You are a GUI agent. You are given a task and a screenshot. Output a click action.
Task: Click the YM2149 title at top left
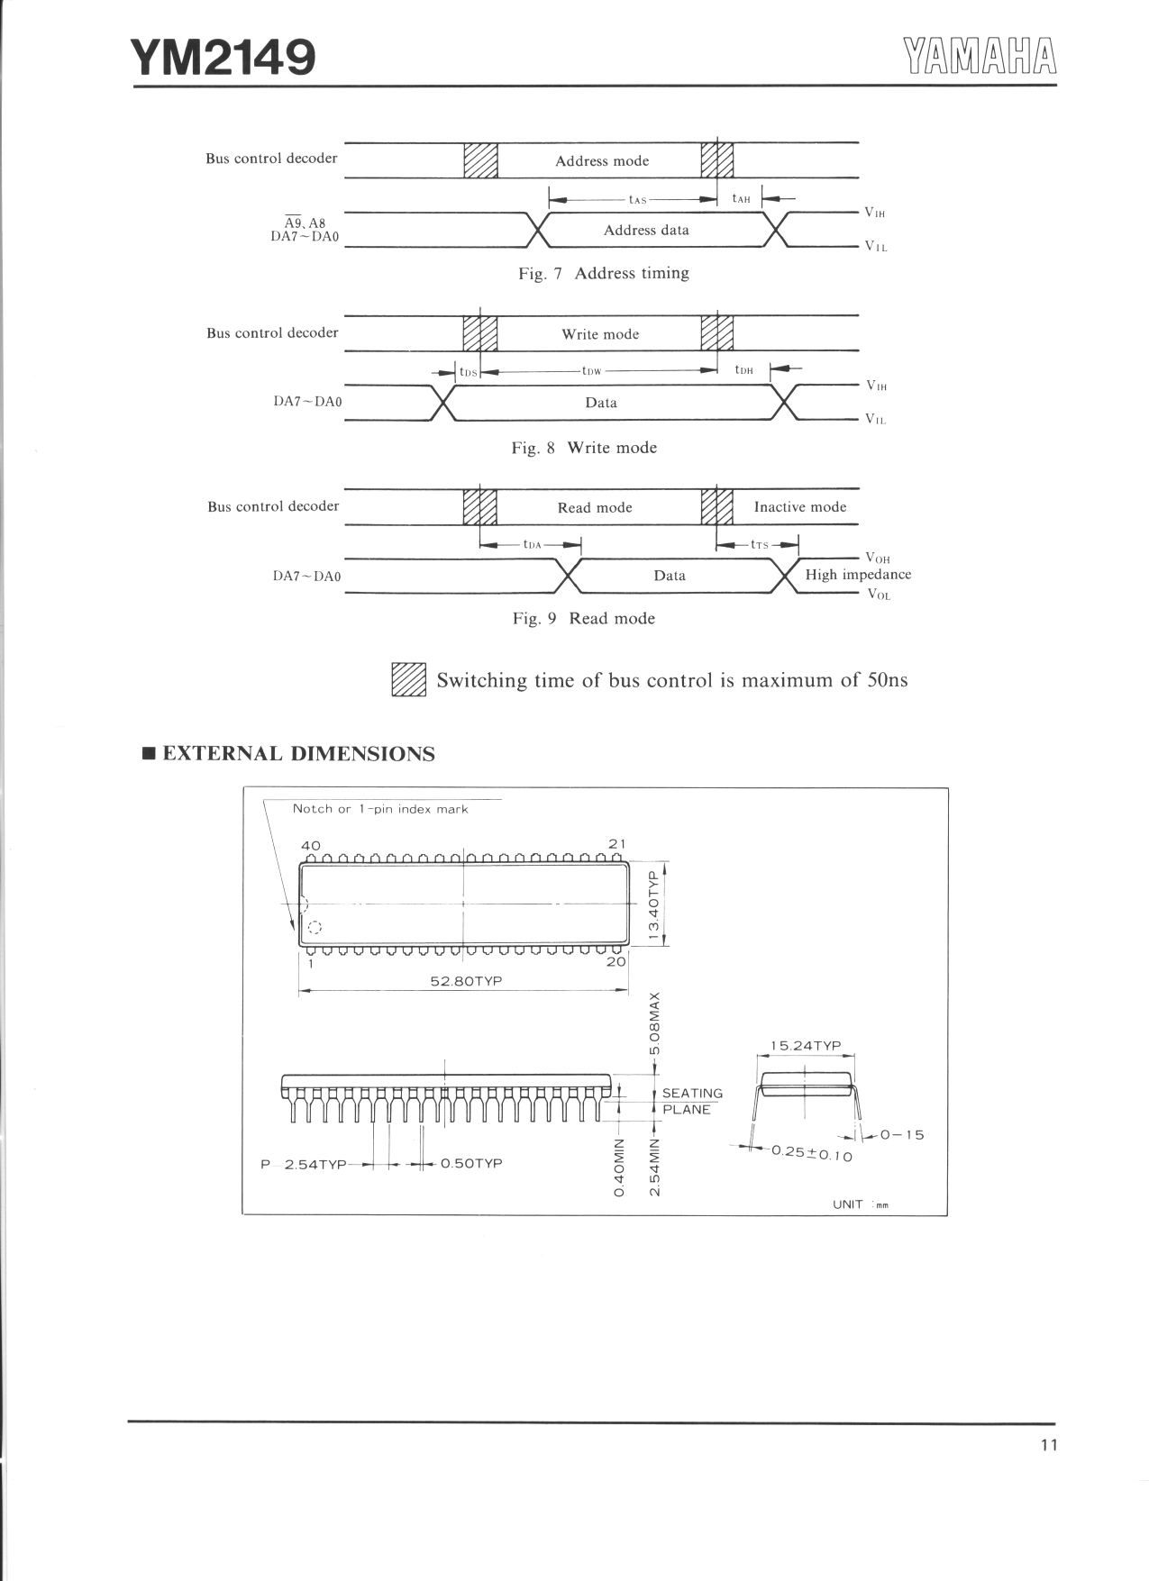[223, 58]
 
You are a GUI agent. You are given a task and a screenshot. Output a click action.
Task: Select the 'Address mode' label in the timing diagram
[601, 161]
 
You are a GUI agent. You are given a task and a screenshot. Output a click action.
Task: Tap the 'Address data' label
[646, 231]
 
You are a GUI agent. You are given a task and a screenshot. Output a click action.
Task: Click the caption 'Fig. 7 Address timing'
[603, 274]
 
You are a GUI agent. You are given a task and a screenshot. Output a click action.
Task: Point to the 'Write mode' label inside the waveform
[600, 334]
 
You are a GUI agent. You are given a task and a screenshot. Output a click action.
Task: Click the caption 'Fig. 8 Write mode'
[584, 448]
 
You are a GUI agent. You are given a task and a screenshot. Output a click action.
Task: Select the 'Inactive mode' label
[799, 507]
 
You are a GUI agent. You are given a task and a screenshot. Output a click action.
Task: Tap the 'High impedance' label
[858, 575]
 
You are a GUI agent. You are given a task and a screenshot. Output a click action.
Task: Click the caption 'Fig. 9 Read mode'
[583, 619]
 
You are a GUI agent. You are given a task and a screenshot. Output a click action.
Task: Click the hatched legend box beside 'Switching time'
[408, 680]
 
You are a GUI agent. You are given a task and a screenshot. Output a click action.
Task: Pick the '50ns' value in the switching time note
[887, 680]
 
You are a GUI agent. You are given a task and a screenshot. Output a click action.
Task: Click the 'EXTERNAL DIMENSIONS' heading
[298, 754]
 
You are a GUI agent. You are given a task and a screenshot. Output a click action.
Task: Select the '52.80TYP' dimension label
[466, 981]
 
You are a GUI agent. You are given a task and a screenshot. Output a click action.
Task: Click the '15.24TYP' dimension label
[805, 1046]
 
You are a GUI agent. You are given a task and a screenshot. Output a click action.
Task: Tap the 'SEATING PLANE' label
[692, 1101]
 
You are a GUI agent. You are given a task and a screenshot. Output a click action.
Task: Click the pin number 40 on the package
[310, 845]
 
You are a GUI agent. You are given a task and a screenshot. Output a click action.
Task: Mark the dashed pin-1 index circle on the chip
[315, 927]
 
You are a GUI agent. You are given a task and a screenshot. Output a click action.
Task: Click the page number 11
[1048, 1445]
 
